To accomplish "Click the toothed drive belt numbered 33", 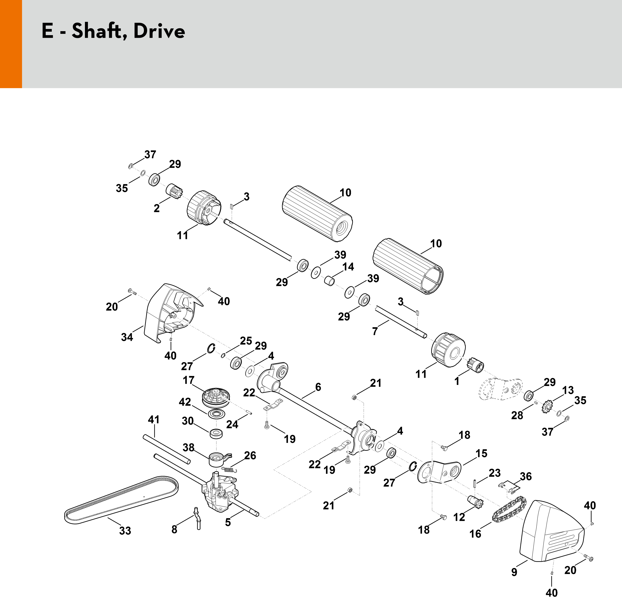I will click(121, 498).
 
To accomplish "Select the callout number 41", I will click(154, 420).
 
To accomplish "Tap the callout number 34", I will click(127, 337).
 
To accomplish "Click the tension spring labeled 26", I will click(229, 469).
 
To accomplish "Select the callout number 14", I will click(348, 267).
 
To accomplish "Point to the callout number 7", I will click(375, 331).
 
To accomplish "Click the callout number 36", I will click(525, 476).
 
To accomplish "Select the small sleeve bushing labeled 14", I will click(329, 281).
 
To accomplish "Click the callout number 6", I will click(318, 387).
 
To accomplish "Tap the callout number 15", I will click(481, 453).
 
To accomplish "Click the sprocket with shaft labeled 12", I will click(475, 502).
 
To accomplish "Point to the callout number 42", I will click(185, 402).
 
